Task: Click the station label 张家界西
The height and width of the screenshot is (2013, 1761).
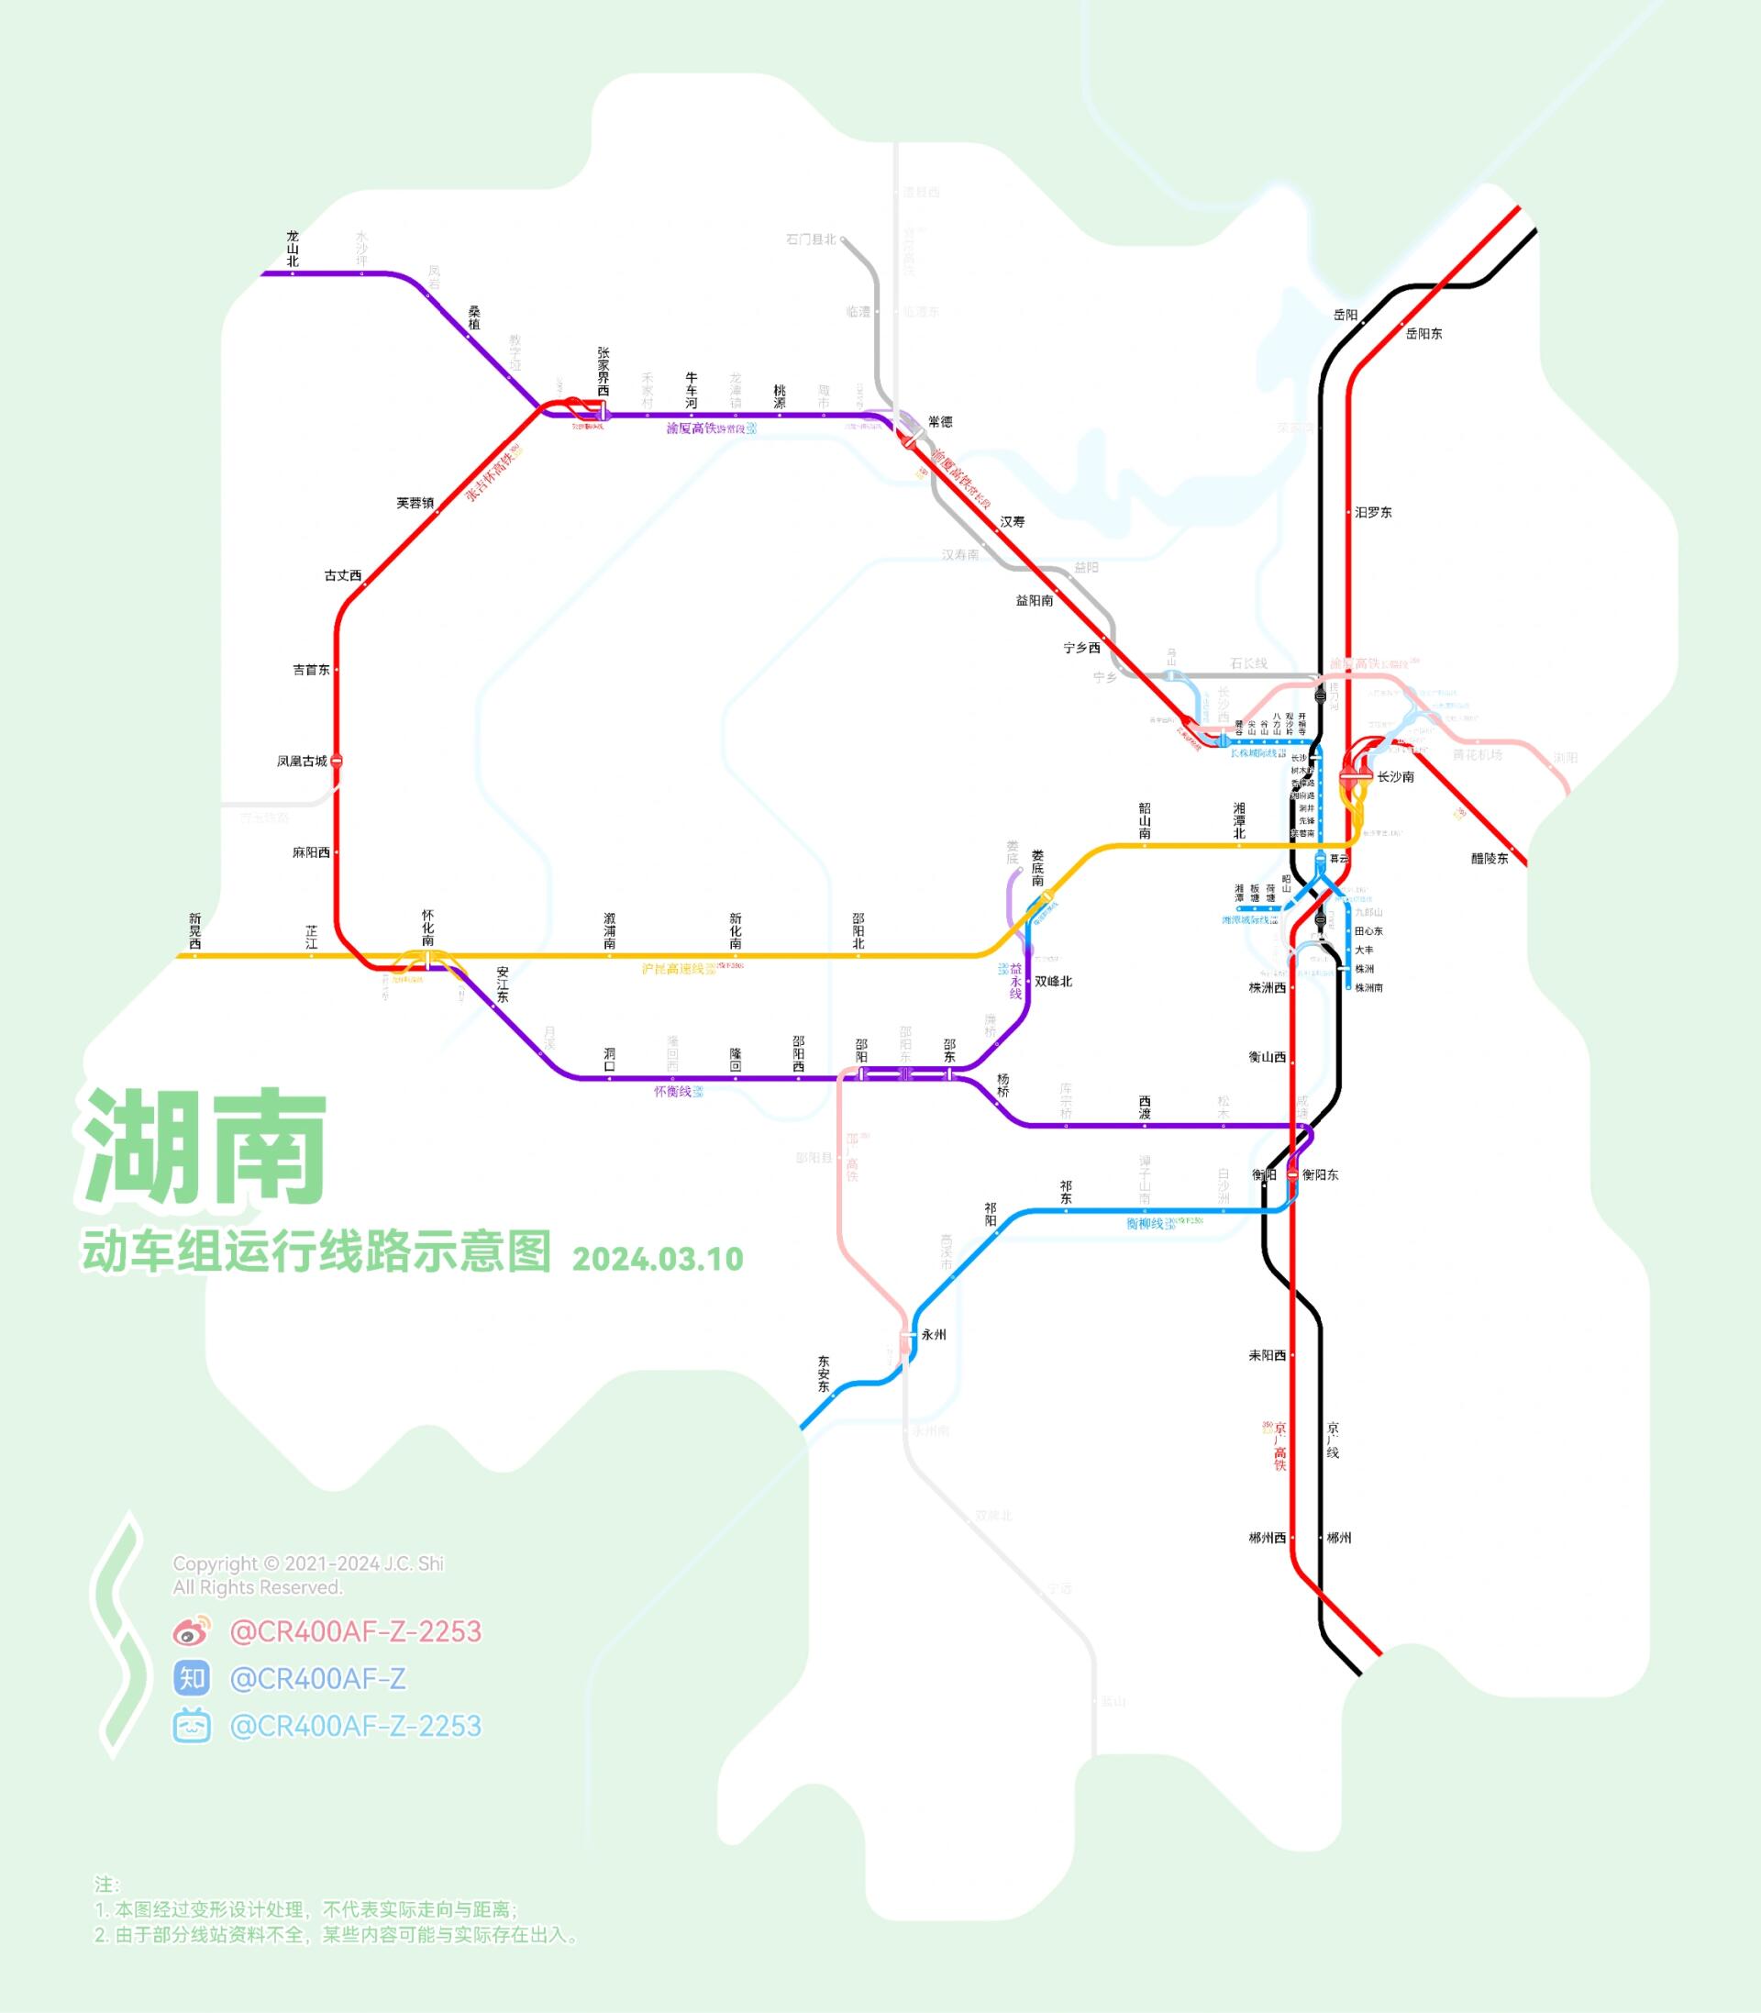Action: [604, 371]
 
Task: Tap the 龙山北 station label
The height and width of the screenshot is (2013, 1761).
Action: [292, 249]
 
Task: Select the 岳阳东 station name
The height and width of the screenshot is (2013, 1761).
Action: [1423, 334]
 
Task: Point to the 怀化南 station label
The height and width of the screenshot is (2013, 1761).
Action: [427, 928]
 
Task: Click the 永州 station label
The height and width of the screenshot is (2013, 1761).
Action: [934, 1336]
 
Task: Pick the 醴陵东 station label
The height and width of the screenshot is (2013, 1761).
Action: [1489, 859]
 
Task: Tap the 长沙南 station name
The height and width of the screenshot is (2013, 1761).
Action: [1395, 777]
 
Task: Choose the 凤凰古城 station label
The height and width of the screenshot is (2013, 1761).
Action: [302, 761]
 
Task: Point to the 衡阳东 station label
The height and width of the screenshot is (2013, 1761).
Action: [1320, 1174]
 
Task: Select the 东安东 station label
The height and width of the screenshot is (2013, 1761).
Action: [824, 1374]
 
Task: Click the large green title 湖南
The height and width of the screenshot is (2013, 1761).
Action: [205, 1146]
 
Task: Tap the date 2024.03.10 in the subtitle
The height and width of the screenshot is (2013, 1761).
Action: [658, 1259]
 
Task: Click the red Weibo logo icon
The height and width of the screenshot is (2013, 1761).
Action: [192, 1631]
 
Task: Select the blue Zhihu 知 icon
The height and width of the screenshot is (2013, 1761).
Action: [192, 1679]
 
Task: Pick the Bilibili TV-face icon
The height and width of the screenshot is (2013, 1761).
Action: [192, 1727]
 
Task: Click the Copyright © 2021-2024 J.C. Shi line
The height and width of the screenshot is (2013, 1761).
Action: [307, 1563]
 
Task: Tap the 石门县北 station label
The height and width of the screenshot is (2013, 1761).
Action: [811, 239]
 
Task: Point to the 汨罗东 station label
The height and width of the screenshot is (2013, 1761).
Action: [1373, 513]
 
